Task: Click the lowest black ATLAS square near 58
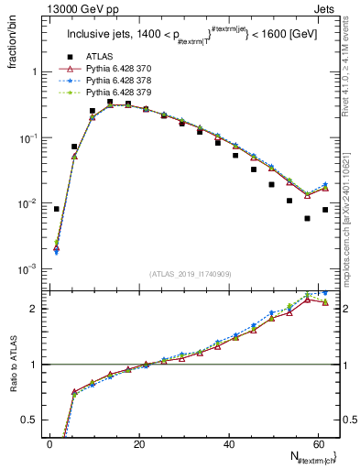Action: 307,218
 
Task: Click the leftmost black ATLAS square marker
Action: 56,209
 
